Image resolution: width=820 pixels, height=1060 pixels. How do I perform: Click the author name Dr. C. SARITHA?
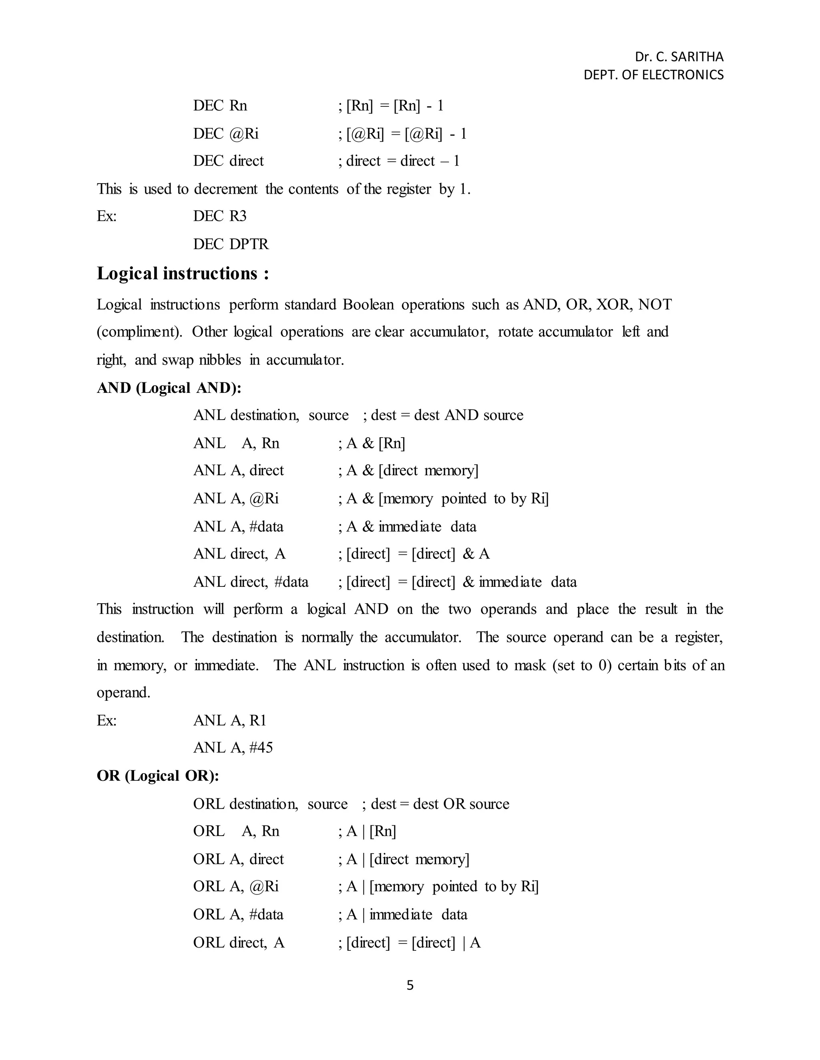point(679,57)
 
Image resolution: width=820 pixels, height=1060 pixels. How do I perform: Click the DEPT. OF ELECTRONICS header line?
point(653,75)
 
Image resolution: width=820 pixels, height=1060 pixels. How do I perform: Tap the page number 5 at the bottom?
point(410,985)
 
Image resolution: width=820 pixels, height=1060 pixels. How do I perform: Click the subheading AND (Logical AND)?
point(169,388)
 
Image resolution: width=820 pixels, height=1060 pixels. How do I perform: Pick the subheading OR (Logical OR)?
point(158,776)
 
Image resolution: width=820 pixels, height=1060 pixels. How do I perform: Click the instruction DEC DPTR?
point(231,244)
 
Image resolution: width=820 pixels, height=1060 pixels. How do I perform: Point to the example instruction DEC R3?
point(219,216)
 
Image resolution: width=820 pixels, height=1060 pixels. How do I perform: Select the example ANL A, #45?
point(233,748)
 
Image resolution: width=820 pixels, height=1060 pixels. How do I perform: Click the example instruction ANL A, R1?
point(230,720)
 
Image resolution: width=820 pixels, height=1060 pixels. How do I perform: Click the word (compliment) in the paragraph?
point(139,332)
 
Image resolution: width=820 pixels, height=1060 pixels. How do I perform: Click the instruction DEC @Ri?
point(226,134)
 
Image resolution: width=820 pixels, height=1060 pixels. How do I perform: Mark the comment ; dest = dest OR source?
point(435,804)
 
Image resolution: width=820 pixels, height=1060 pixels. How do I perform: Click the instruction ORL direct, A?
point(239,942)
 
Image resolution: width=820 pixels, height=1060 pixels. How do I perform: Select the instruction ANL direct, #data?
point(251,582)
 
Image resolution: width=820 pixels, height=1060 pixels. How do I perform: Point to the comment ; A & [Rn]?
point(372,443)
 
